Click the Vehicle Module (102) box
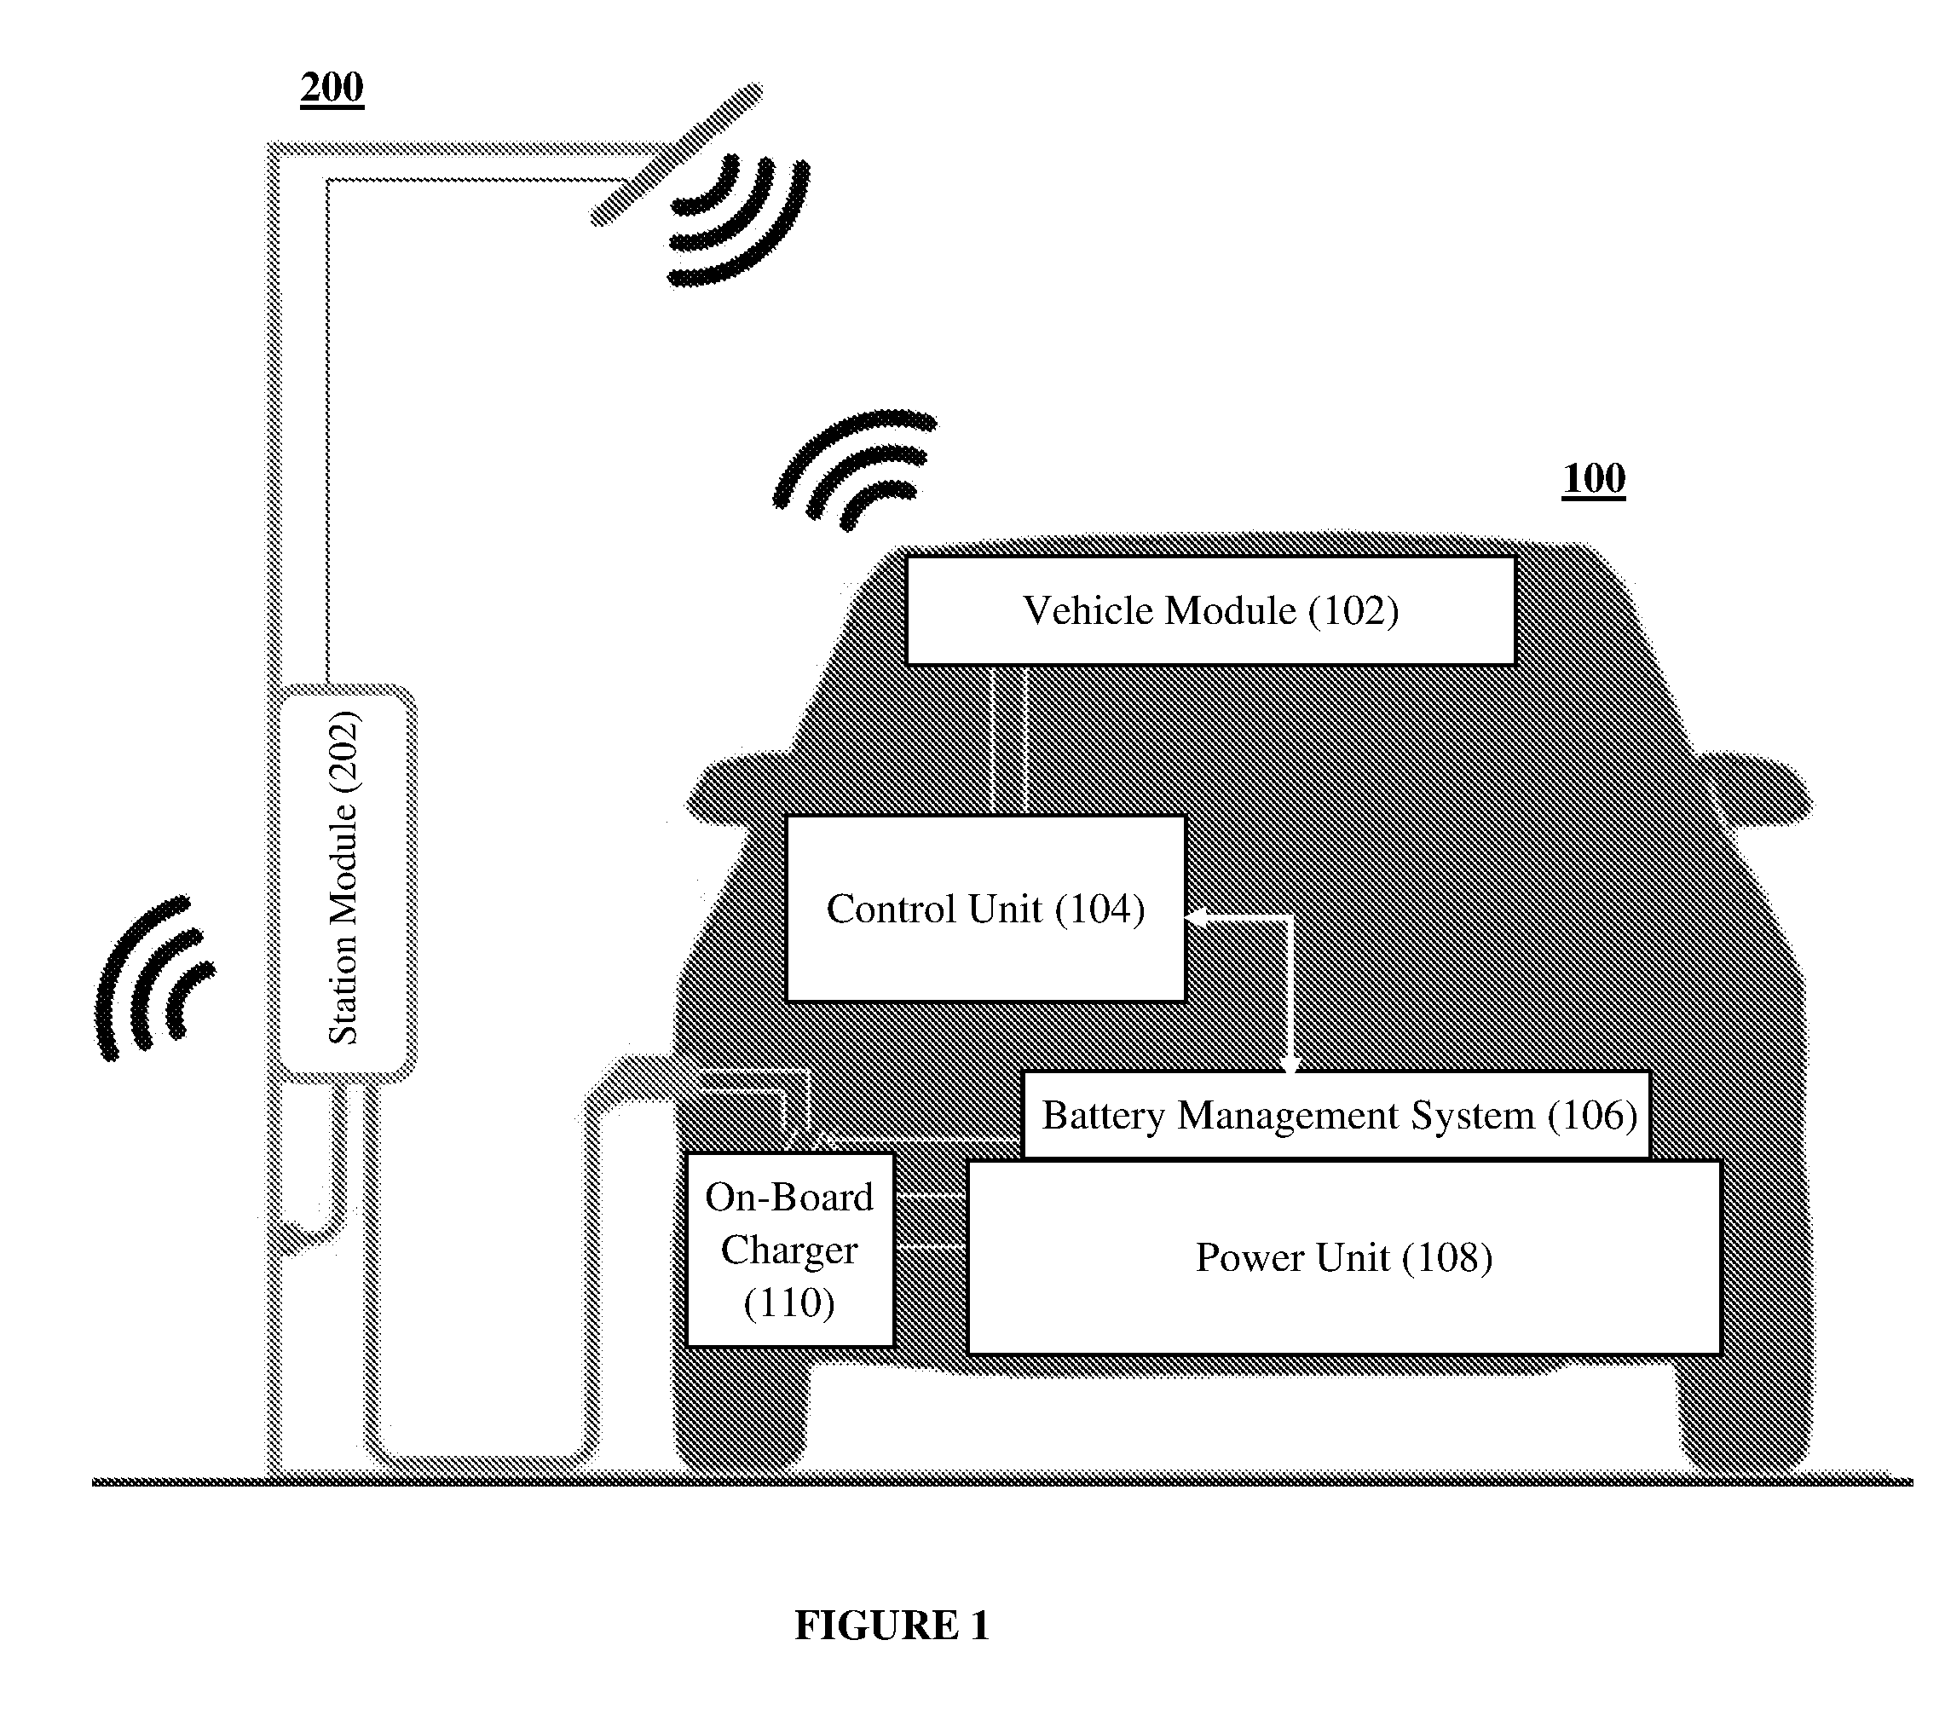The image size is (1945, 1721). click(x=1210, y=610)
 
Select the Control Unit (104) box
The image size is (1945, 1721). click(x=986, y=908)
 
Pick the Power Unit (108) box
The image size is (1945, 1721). click(x=1345, y=1256)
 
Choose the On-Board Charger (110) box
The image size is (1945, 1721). click(x=790, y=1250)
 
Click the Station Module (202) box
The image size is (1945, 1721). click(x=343, y=883)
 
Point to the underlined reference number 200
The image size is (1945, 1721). click(x=332, y=89)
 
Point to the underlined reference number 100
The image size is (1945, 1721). click(x=1594, y=479)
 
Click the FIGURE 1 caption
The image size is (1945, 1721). click(x=892, y=1625)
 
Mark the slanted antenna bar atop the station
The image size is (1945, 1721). click(x=678, y=154)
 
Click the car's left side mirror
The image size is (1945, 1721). click(x=733, y=789)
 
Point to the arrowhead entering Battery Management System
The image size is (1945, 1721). click(x=1290, y=1064)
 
